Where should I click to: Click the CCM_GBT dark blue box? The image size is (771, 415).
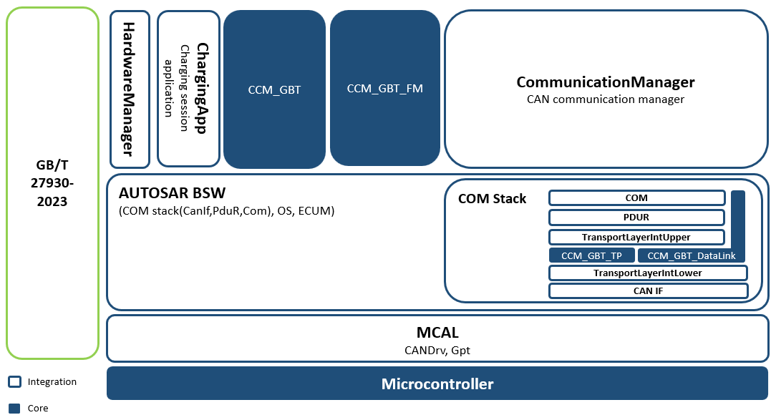click(274, 89)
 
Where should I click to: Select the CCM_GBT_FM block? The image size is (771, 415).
click(385, 88)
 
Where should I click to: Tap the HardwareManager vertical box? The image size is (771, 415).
click(130, 89)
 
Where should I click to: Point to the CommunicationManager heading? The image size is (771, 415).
click(606, 82)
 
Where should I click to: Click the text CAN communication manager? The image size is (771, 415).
click(606, 99)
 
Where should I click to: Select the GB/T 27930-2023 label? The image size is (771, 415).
click(52, 183)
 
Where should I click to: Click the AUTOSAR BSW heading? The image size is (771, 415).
click(172, 192)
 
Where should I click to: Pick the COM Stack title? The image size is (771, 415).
click(493, 199)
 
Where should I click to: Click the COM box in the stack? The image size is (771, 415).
click(636, 197)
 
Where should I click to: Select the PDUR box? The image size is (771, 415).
click(636, 218)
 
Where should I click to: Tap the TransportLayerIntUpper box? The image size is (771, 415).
click(636, 237)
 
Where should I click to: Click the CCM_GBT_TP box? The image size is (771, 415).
click(591, 255)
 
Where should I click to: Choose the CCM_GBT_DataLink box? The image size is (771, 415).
click(692, 255)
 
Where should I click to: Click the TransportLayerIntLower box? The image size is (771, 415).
click(648, 273)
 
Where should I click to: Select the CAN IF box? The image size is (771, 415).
click(648, 290)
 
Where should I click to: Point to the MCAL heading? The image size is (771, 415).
click(437, 333)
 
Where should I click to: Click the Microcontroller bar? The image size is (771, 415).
click(437, 383)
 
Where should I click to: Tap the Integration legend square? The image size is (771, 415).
click(15, 381)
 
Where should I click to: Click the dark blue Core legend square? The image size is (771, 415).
click(15, 408)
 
